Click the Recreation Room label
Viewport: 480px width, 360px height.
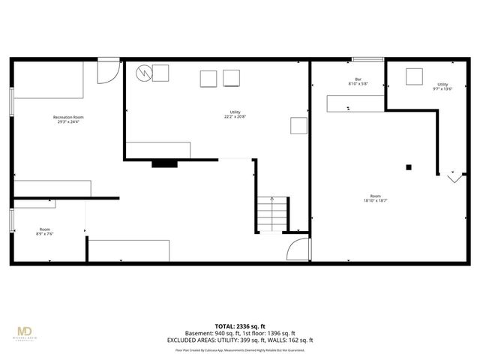point(68,117)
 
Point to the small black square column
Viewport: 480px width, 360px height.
point(409,167)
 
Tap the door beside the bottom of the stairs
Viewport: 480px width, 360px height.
point(298,250)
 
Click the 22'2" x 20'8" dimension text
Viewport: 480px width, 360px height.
point(235,117)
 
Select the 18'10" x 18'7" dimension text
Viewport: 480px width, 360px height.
point(375,200)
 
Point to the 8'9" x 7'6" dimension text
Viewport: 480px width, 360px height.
point(46,234)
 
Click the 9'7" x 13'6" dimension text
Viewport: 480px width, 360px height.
point(443,89)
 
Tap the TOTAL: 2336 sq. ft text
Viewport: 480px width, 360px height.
point(239,327)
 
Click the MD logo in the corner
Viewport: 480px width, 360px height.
point(25,331)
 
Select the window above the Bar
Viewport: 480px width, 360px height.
point(368,60)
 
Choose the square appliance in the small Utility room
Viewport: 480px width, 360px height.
point(415,76)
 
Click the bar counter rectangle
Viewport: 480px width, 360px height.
point(355,103)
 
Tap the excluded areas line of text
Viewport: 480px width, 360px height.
point(239,340)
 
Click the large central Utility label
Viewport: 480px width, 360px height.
point(235,112)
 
